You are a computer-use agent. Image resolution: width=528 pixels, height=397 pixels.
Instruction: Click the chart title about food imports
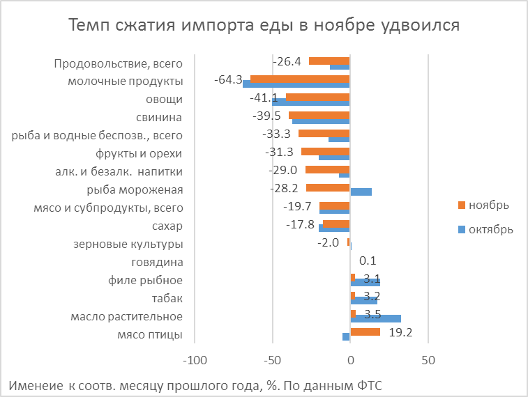(x=264, y=26)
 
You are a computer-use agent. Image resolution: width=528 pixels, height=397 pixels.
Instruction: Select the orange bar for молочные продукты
(x=300, y=79)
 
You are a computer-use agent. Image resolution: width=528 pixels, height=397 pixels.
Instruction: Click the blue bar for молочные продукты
(x=296, y=85)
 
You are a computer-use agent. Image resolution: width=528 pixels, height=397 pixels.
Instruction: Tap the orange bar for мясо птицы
(x=365, y=332)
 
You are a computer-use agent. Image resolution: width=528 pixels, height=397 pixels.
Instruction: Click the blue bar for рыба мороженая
(x=361, y=192)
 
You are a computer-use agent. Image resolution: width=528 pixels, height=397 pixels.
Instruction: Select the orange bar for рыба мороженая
(x=327, y=187)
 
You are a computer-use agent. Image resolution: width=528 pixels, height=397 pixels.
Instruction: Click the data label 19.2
(x=400, y=332)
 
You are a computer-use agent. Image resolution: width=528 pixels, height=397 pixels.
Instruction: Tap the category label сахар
(x=167, y=226)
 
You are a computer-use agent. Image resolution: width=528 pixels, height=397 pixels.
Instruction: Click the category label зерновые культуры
(x=128, y=244)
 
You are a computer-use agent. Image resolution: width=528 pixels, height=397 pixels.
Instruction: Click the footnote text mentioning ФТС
(x=197, y=385)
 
